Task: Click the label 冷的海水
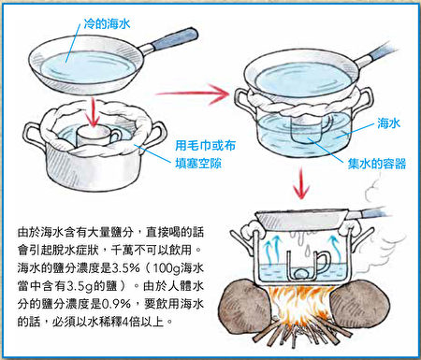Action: (107, 23)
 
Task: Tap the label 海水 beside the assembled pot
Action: (388, 123)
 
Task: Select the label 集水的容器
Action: (377, 164)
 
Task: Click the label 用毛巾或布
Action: (205, 146)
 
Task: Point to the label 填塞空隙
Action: (198, 164)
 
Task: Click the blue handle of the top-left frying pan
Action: (175, 39)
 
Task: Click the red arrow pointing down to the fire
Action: (301, 183)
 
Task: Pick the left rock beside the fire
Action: (245, 308)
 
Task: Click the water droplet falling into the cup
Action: (307, 249)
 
